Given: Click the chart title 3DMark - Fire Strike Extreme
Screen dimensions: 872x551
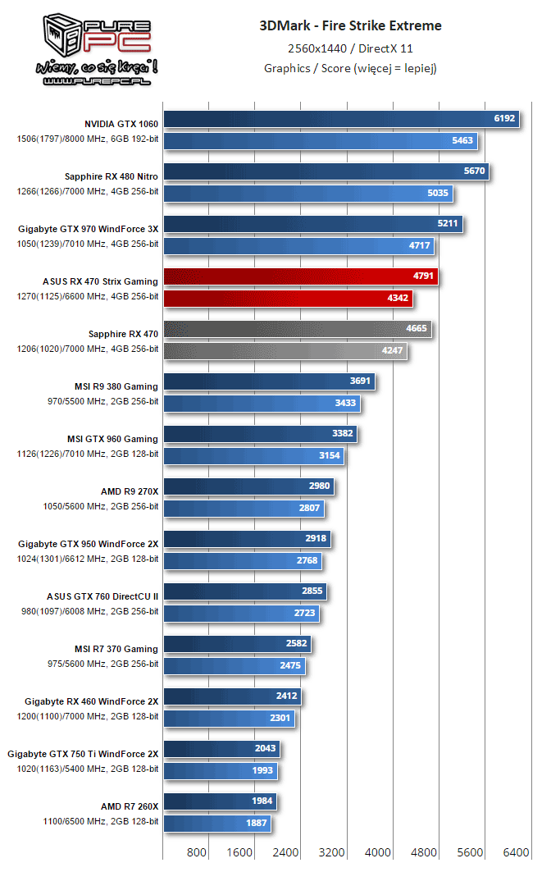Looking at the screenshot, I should click(350, 25).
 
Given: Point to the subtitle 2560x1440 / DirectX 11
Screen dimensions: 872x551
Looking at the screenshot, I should click(350, 48).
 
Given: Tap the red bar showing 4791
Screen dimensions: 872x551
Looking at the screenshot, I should click(301, 276).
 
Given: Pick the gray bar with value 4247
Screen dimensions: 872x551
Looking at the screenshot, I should click(285, 351).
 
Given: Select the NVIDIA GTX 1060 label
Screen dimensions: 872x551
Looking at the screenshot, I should click(121, 123).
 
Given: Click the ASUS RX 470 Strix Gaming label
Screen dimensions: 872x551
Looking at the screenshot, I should click(100, 281).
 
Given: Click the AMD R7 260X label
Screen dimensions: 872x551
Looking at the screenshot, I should click(130, 806).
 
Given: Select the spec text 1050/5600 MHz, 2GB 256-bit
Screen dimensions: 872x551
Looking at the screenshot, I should click(100, 506).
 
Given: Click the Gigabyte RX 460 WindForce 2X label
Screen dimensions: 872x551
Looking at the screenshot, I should click(91, 701).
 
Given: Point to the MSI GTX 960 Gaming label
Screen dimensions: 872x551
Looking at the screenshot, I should click(112, 438).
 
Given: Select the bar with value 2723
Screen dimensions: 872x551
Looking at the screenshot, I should click(241, 614).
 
